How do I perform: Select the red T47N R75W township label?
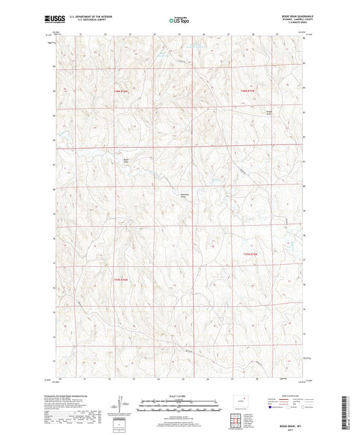(x=251, y=253)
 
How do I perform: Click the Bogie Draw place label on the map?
(x=125, y=160)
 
